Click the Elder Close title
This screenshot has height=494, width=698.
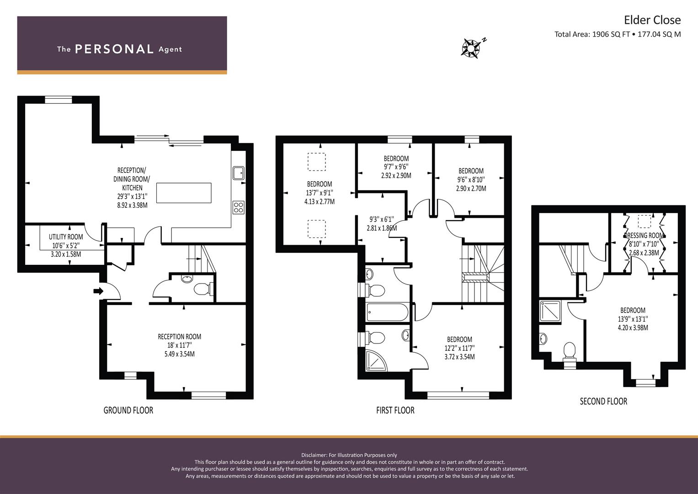click(x=652, y=20)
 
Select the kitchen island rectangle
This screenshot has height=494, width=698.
click(x=184, y=193)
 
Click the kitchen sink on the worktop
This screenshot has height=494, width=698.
click(x=238, y=173)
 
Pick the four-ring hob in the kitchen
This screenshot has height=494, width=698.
click(x=238, y=207)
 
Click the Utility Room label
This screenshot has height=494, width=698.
click(x=66, y=236)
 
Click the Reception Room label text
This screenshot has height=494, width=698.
click(x=179, y=337)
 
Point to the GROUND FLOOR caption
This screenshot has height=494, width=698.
click(x=128, y=410)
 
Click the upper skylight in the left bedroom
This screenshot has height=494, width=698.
click(x=316, y=162)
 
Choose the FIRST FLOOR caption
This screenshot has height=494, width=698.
click(x=395, y=410)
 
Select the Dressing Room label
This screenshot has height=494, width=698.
click(x=644, y=236)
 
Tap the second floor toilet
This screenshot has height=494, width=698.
click(x=569, y=351)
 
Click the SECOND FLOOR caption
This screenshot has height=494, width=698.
click(x=603, y=401)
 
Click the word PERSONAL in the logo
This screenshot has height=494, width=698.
click(x=114, y=49)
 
